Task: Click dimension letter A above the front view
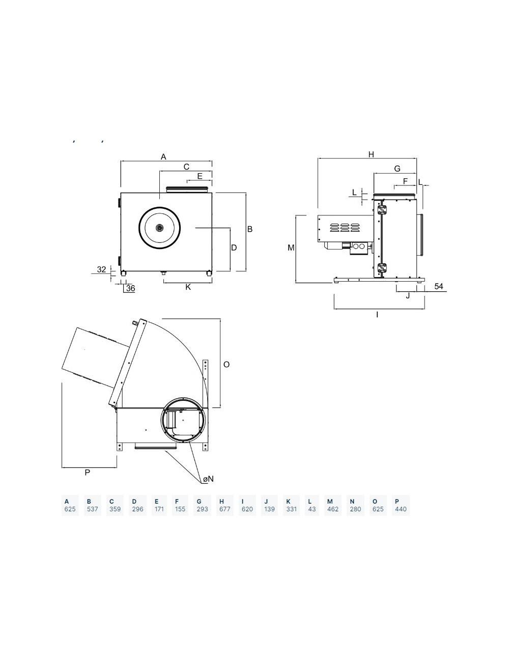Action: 163,157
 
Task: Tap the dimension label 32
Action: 101,269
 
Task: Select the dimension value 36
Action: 130,288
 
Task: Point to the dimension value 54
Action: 439,286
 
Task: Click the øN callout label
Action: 209,479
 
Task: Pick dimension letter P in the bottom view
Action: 88,473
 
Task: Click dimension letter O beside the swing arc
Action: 227,365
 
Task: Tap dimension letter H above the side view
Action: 371,155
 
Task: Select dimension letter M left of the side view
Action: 291,248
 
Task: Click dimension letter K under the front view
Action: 188,287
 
